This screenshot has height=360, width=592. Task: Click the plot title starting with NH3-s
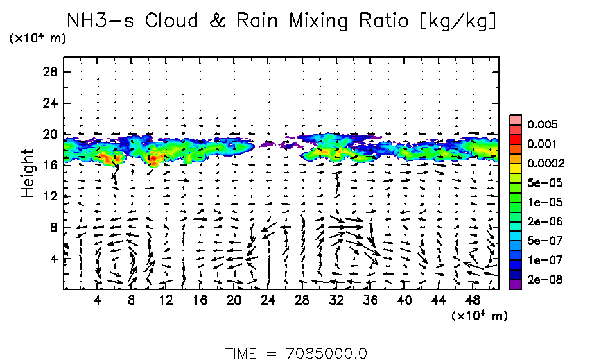pos(281,21)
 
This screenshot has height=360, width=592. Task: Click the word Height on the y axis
pos(28,172)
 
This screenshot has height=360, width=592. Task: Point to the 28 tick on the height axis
pos(51,72)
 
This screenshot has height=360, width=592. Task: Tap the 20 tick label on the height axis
pos(51,135)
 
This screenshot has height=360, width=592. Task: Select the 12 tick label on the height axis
pos(51,196)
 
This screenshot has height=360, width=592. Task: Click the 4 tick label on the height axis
pos(53,259)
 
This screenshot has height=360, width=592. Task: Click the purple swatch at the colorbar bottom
pos(514,284)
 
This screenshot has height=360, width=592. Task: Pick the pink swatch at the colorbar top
pos(514,119)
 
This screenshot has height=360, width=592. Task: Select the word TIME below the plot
pos(242,353)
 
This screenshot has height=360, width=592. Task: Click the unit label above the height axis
pos(37,38)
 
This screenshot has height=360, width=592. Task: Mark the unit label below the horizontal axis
pos(480,316)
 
